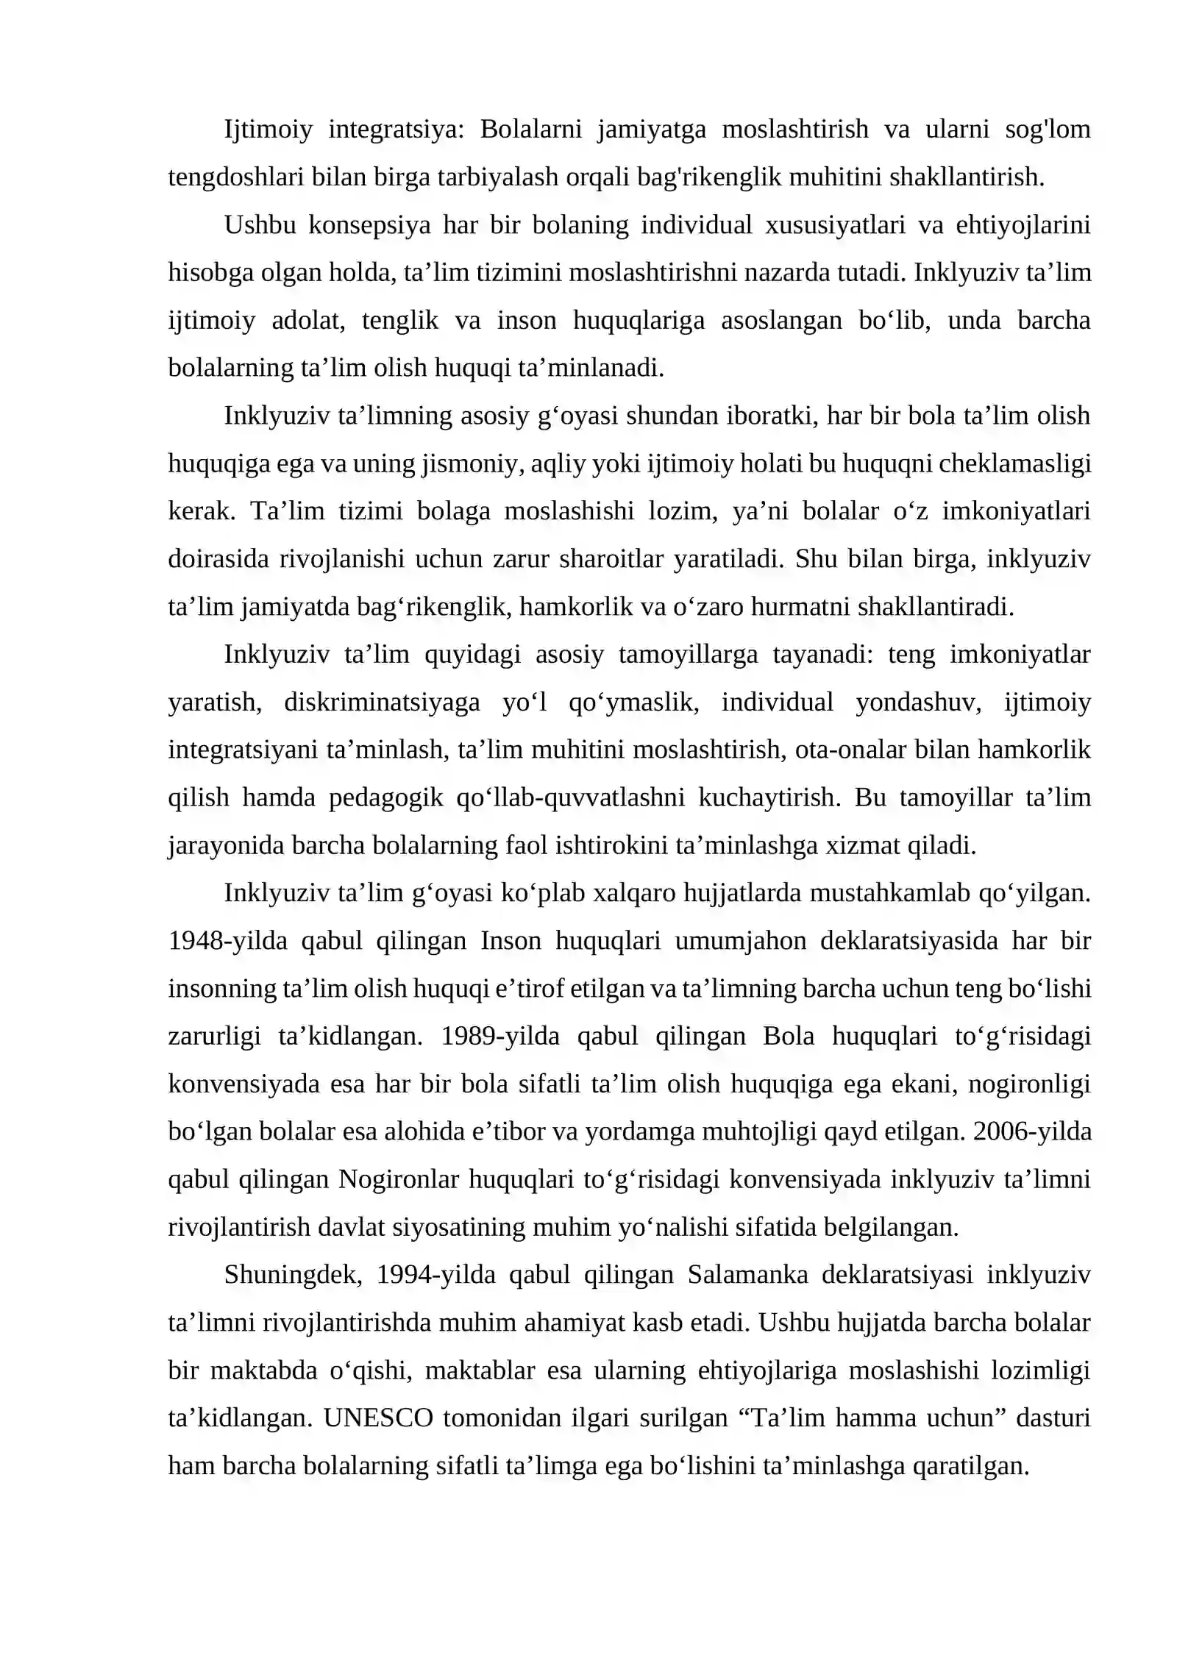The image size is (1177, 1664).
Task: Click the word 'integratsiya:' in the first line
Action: click(397, 129)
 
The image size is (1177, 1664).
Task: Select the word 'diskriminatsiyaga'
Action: click(382, 703)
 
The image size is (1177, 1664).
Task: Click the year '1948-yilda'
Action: click(228, 942)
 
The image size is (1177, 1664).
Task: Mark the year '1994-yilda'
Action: click(436, 1275)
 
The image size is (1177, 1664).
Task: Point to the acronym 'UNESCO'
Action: click(378, 1418)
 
